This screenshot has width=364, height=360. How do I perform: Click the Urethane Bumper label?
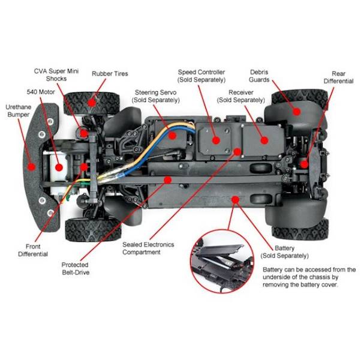coord(19,111)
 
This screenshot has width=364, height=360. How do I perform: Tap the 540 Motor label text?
coord(41,92)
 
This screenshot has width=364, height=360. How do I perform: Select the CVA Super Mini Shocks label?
coord(56,75)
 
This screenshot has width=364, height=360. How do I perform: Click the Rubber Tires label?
coord(110,74)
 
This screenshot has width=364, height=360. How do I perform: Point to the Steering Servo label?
coord(155,96)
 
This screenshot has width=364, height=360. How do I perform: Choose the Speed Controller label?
coord(201,76)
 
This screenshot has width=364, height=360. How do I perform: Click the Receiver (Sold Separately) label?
coord(240,96)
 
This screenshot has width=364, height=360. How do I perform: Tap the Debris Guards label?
coord(259,76)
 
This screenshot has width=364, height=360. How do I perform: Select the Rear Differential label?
coord(338,77)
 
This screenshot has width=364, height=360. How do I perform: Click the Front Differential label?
coord(33,250)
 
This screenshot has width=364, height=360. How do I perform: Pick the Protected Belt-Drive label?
coord(76,268)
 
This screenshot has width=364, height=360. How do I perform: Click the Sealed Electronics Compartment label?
coord(148,248)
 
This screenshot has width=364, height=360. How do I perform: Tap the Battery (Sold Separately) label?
coord(284,252)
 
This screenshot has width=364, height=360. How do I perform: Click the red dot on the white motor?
coord(59,167)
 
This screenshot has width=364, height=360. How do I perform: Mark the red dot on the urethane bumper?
coord(31,167)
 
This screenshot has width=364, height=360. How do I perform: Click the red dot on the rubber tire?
coord(92,102)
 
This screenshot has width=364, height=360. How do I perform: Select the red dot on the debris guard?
coord(296,112)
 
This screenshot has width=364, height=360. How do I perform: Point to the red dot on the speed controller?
coord(216,140)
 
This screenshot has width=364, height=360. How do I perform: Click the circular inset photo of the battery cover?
coord(222,261)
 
